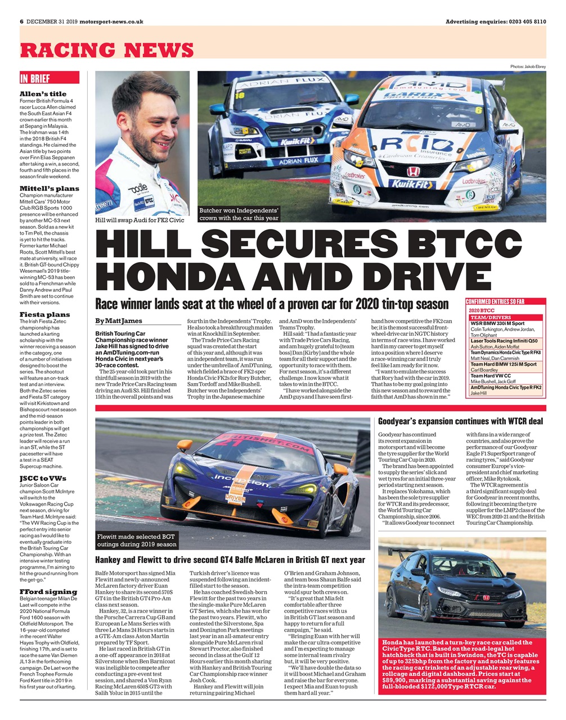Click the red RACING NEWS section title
coord(107,50)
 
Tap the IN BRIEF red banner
coord(35,79)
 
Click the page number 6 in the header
coord(21,21)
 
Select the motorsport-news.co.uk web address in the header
coord(111,21)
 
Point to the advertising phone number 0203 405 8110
coord(527,21)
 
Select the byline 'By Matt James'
coord(118,321)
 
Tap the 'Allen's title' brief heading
coord(43,94)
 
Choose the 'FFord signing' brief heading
coord(48,591)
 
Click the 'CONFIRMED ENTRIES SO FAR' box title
coord(495,301)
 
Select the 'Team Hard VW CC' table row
coord(491,376)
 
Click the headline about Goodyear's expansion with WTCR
coord(460,421)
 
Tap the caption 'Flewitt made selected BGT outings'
coord(137,540)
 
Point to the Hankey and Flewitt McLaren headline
coord(230,560)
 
